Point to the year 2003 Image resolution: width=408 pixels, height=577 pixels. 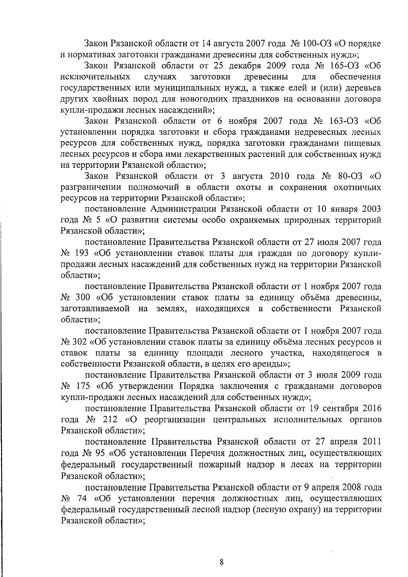(x=369, y=209)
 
